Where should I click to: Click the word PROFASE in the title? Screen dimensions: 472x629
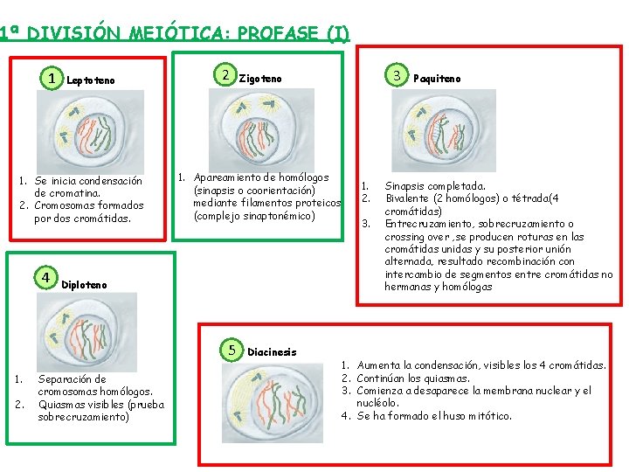(x=278, y=34)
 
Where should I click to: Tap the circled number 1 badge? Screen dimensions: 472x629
(x=53, y=80)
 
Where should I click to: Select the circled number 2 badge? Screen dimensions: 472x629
(x=225, y=75)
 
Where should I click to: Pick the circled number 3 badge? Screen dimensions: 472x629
(x=397, y=76)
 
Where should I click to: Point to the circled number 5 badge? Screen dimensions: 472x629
(x=232, y=349)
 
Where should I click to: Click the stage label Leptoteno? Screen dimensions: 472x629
(x=91, y=81)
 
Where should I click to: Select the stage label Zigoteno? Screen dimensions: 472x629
(x=260, y=80)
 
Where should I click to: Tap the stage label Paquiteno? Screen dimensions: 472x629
(x=437, y=79)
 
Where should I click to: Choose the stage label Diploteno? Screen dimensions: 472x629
(x=85, y=285)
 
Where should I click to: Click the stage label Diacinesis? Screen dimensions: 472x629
(x=272, y=352)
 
